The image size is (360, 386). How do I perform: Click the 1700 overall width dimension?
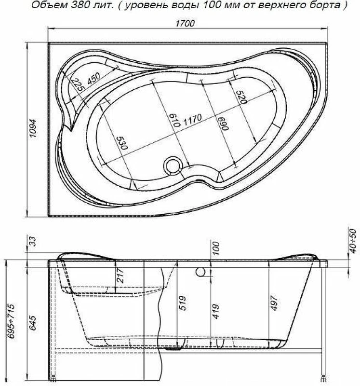click(x=185, y=23)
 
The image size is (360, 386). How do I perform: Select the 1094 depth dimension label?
click(x=33, y=129)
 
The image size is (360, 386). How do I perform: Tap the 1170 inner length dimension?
click(x=193, y=119)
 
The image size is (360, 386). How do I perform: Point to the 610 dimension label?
click(x=175, y=120)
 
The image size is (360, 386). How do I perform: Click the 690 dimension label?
click(x=223, y=123)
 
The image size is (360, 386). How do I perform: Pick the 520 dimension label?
click(x=241, y=97)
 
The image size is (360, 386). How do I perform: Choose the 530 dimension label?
click(x=122, y=143)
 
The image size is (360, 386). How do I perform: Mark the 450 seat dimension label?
click(x=93, y=78)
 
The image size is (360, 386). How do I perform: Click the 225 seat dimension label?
click(x=78, y=85)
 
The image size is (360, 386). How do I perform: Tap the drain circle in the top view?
click(x=173, y=166)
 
